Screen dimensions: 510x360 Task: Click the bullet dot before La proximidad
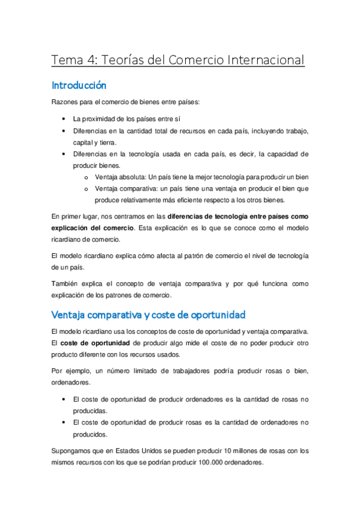coord(64,119)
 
